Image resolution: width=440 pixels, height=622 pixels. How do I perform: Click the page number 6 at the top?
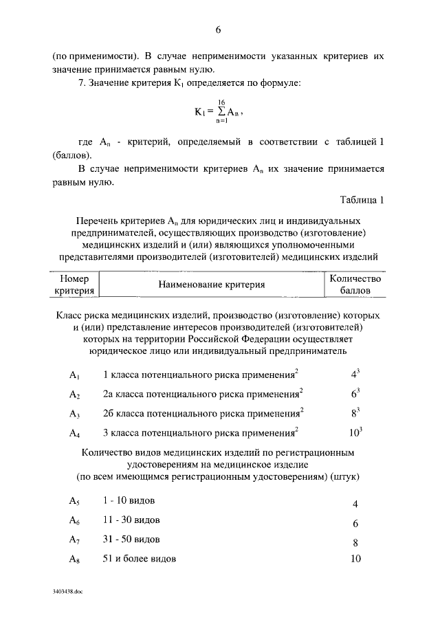pos(218,30)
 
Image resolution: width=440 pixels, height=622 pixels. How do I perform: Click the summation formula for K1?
pos(218,111)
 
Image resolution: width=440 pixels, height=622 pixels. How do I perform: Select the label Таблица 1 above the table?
pos(362,200)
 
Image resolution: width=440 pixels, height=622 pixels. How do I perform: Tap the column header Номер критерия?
pos(74,285)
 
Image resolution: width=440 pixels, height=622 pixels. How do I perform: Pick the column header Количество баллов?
pos(355,285)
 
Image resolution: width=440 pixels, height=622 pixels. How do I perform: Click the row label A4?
pos(75,434)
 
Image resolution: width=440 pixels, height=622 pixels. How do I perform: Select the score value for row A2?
pos(355,395)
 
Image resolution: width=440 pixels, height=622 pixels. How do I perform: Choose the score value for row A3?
pos(355,414)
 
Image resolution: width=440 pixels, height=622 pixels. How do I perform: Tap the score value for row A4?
pos(355,433)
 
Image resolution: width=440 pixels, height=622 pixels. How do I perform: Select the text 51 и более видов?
pos(139,558)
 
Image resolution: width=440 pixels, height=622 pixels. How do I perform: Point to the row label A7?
pos(75,539)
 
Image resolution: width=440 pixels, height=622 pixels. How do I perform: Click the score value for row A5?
pos(355,504)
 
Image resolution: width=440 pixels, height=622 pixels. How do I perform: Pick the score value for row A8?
pos(355,559)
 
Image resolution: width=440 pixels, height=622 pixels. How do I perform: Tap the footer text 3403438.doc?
pos(67,591)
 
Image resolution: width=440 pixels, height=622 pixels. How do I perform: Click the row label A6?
pos(75,520)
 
